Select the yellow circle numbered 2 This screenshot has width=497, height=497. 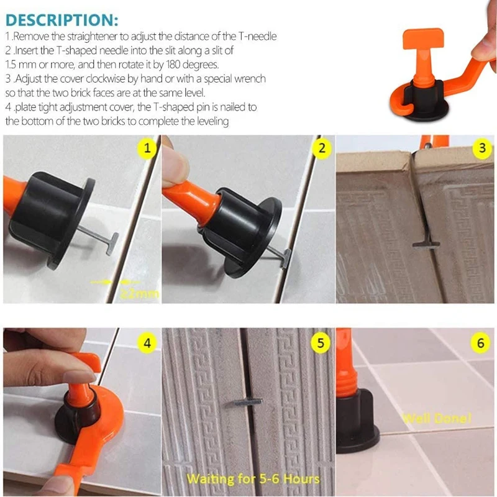pyautogui.click(x=321, y=148)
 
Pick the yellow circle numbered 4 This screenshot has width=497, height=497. pyautogui.click(x=147, y=342)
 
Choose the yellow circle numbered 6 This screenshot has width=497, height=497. pyautogui.click(x=480, y=342)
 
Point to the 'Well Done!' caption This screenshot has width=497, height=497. pyautogui.click(x=429, y=417)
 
